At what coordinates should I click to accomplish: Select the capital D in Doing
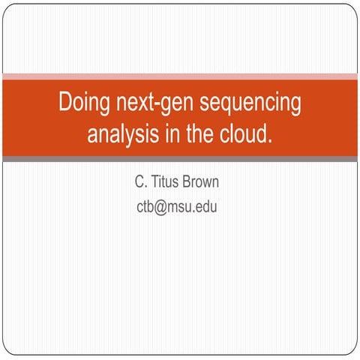tap(65, 101)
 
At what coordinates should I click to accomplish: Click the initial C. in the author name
tap(139, 182)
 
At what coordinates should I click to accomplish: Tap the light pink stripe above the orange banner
tap(180, 76)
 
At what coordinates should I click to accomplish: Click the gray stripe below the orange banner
tap(180, 159)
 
